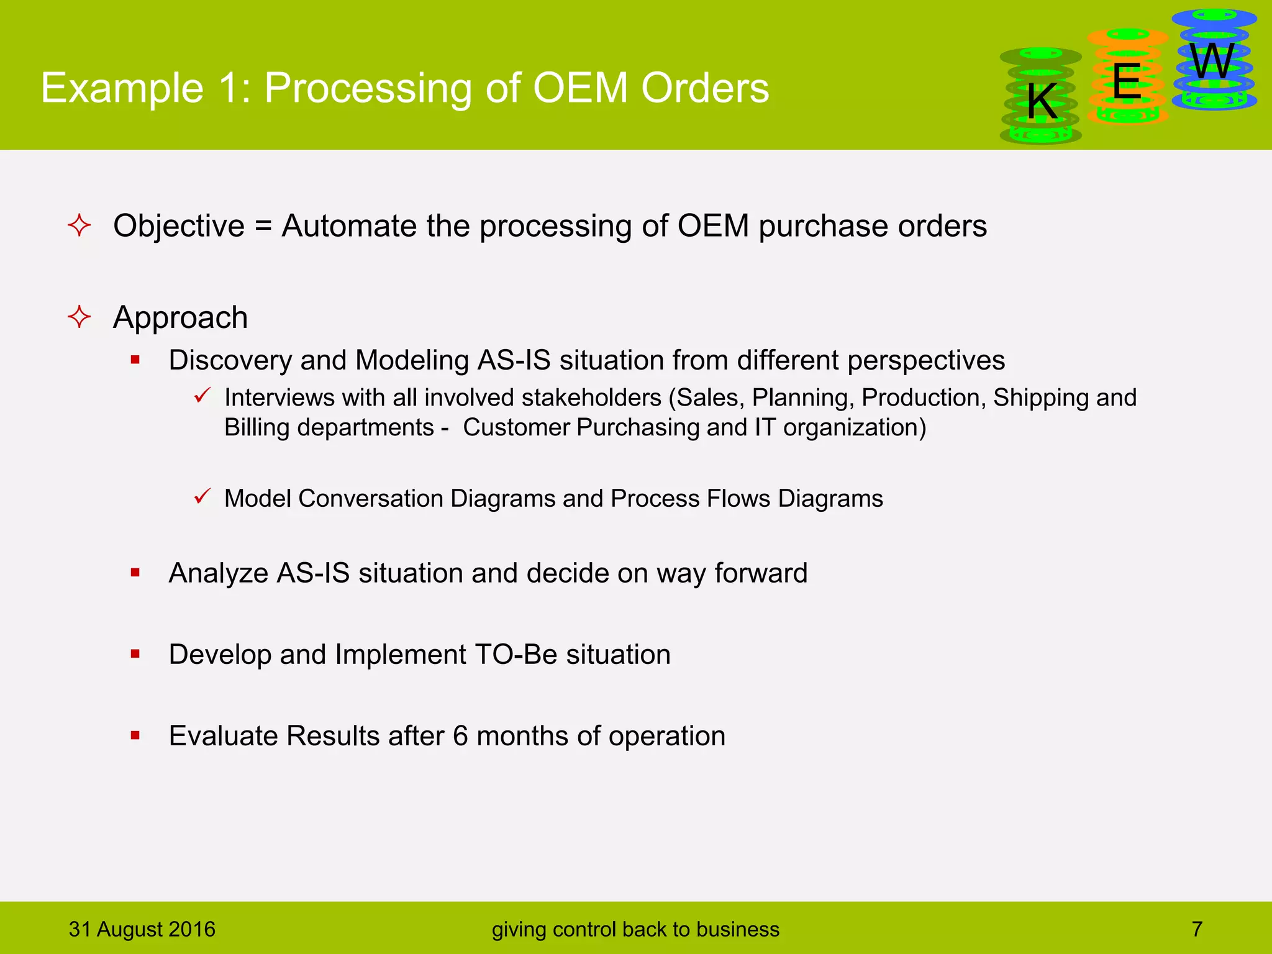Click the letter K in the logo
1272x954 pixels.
1042,101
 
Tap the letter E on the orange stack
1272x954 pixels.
1127,81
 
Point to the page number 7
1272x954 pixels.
1197,929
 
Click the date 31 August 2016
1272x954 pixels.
142,929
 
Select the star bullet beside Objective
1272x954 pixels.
79,225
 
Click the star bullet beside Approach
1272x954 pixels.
79,317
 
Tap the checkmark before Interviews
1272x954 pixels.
202,395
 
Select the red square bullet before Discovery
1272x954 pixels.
135,360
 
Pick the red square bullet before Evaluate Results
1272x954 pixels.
135,736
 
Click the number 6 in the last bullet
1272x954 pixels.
460,736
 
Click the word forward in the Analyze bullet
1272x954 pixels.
760,573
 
